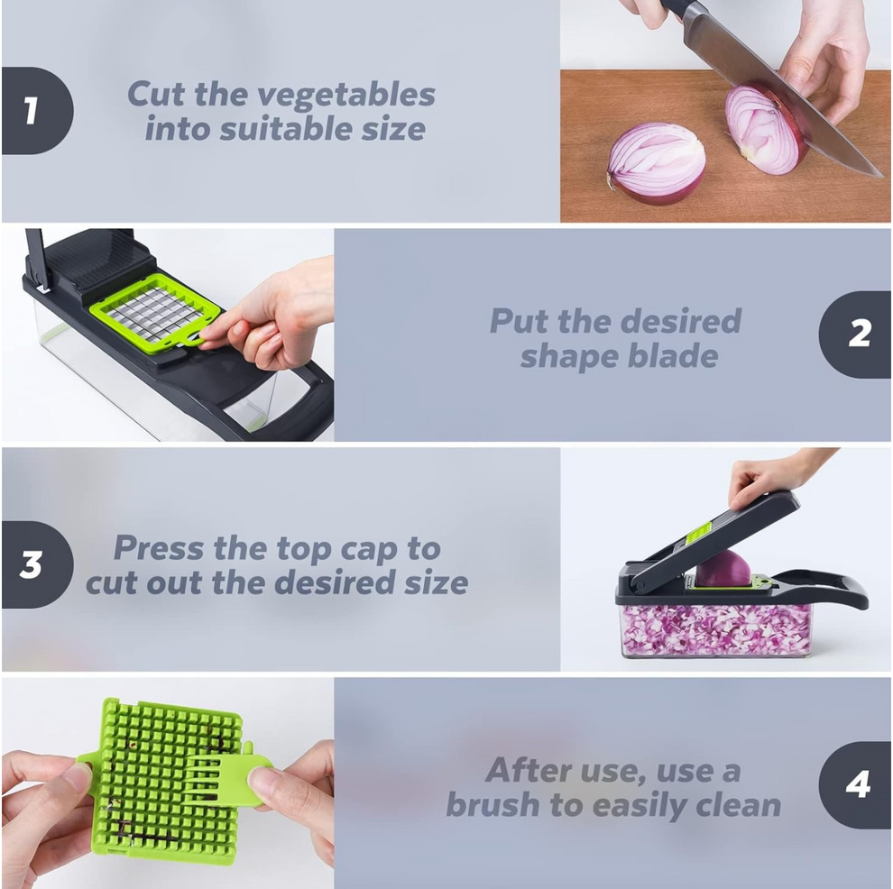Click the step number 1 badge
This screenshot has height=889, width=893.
(34, 111)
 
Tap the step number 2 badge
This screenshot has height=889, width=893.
(856, 335)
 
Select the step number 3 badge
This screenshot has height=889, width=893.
(34, 564)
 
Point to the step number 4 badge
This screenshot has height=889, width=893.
(856, 784)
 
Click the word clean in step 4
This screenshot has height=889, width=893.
(726, 804)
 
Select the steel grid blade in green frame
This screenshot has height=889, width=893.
(156, 311)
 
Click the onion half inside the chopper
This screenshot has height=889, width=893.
(723, 569)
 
